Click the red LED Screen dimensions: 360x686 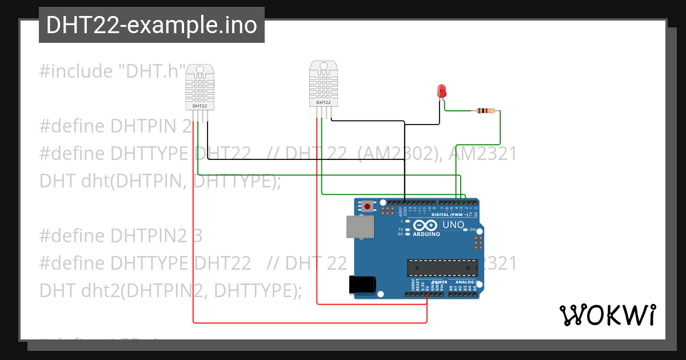[441, 91]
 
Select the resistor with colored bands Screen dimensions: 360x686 [486, 111]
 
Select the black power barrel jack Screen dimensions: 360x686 [362, 284]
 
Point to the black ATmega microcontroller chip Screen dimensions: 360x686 [442, 267]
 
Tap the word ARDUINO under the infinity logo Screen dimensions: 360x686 [426, 234]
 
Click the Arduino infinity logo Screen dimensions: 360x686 [425, 225]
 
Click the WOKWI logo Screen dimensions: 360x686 [607, 315]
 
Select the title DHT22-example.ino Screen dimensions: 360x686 [151, 25]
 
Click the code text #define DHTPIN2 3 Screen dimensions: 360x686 [121, 235]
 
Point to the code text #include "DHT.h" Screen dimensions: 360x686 [112, 71]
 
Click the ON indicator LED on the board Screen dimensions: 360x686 [466, 229]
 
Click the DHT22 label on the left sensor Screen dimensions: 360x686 [200, 106]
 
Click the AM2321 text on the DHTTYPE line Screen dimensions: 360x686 [482, 154]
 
